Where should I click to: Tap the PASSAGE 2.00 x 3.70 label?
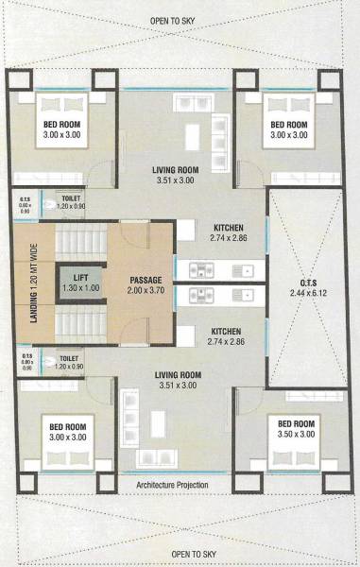[145, 286]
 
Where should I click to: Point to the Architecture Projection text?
[173, 486]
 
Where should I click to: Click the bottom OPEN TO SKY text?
[180, 553]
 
